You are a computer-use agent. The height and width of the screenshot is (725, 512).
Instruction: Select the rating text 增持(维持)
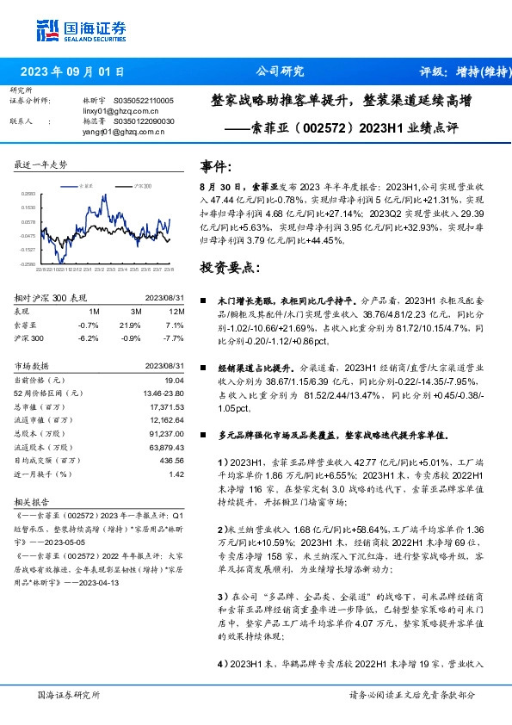click(482, 72)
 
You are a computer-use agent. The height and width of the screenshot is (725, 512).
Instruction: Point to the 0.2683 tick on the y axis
click(28, 195)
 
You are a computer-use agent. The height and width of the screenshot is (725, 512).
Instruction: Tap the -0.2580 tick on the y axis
click(28, 263)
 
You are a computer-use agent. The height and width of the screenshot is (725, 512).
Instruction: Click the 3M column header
click(136, 311)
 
